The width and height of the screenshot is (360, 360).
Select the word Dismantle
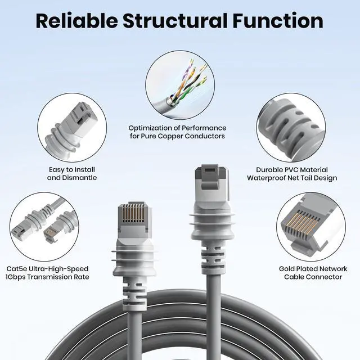coord(79,178)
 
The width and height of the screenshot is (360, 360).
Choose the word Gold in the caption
coord(289,268)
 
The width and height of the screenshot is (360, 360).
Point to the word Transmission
coord(59,277)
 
